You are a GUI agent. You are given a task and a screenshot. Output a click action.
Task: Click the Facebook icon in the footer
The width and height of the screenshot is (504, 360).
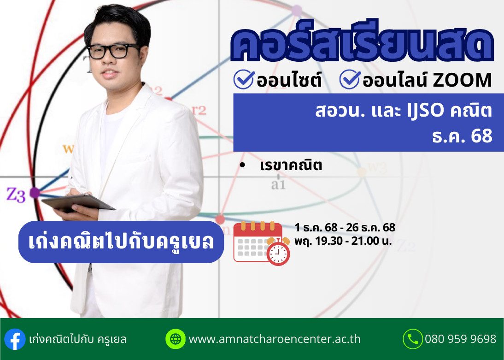point(15,339)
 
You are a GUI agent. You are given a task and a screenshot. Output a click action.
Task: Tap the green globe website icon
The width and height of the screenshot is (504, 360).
point(176,339)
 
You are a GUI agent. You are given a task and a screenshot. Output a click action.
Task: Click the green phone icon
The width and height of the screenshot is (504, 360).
point(412,339)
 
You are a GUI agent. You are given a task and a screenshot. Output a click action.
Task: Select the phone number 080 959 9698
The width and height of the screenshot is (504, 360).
point(460,340)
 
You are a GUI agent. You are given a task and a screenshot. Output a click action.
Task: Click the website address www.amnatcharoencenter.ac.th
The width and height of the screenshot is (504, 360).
point(275,340)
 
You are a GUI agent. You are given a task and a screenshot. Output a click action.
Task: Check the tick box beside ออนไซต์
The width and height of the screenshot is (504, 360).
point(244,80)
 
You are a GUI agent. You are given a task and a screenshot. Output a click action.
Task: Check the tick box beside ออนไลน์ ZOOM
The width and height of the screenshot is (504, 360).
point(350,80)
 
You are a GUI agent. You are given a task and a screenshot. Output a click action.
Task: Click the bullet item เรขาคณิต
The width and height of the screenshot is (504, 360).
point(291,166)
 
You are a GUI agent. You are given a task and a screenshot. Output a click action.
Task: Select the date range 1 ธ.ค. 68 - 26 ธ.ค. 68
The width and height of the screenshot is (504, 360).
point(345,228)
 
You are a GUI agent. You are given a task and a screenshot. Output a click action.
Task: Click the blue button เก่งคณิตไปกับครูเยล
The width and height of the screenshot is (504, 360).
point(121,242)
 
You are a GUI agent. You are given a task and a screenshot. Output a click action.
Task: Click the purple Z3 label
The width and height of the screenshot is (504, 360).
point(16,195)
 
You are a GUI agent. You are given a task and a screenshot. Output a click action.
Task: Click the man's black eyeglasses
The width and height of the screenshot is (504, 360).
point(113,51)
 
